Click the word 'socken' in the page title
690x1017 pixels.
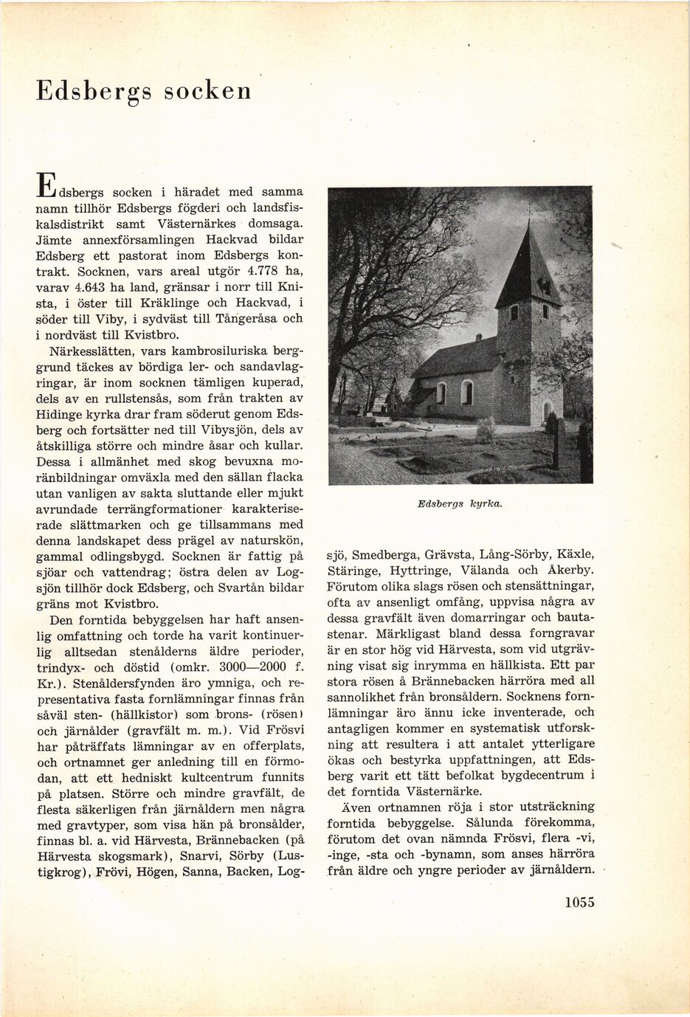[207, 92]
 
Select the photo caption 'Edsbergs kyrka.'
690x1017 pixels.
[459, 503]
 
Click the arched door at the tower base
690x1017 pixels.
[547, 410]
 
